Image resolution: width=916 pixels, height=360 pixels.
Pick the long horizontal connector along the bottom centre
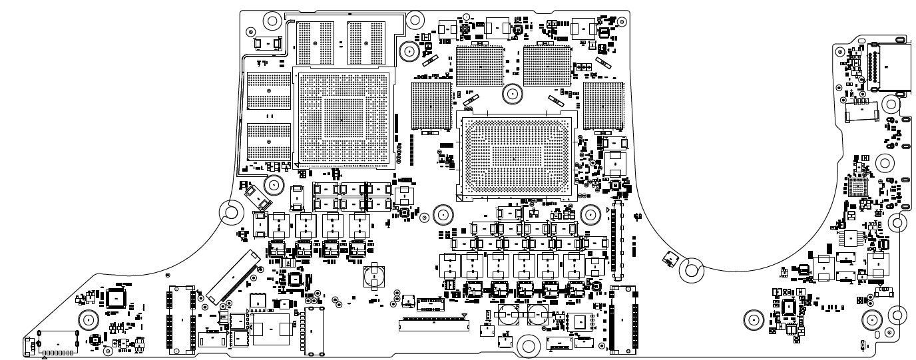[x=433, y=326]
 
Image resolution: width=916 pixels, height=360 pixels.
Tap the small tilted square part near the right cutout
[x=668, y=259]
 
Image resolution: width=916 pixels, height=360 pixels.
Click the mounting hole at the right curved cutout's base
[x=692, y=270]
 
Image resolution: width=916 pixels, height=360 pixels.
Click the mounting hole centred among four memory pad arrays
[x=511, y=94]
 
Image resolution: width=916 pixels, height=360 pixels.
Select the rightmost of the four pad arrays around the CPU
[x=602, y=105]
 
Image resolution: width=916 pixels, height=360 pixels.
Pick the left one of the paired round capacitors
[x=512, y=315]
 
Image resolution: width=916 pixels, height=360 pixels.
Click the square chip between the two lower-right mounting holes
[x=790, y=307]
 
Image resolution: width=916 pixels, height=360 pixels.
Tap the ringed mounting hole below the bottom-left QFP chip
[x=87, y=321]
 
